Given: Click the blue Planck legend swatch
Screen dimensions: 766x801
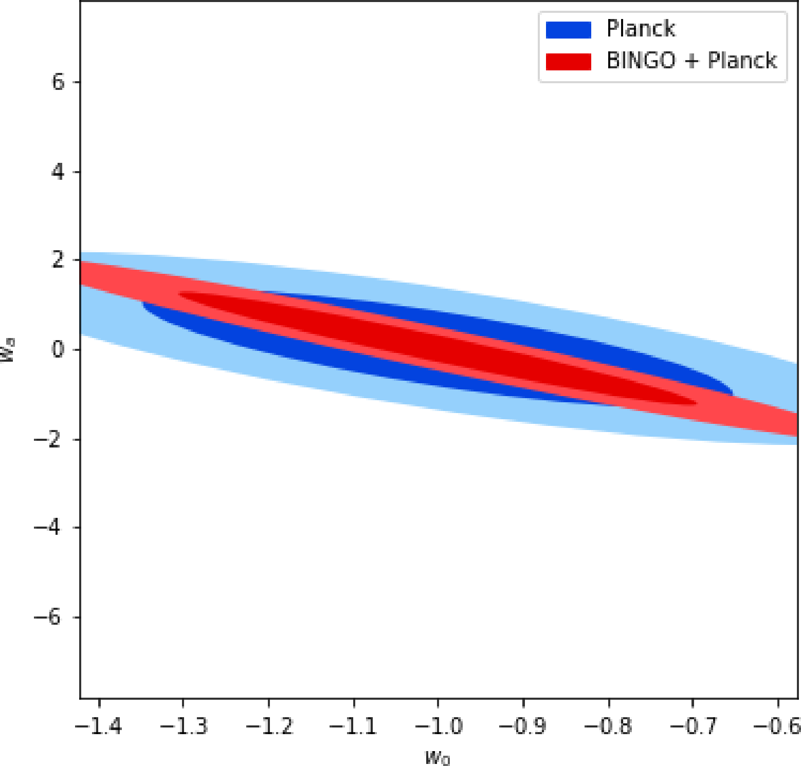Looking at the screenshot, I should coord(568,30).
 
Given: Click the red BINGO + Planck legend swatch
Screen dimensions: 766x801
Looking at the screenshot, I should coord(568,61).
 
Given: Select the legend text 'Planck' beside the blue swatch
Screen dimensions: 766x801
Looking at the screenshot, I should coord(641,29).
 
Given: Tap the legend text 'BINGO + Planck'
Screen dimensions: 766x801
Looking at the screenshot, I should coord(691,61).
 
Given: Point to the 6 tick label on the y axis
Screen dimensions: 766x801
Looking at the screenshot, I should coord(58,82).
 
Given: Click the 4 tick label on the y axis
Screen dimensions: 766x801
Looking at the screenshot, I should coord(58,172).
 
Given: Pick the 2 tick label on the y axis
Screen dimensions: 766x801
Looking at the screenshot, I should coord(58,260).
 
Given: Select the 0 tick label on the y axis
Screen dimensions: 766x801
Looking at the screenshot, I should coord(58,350).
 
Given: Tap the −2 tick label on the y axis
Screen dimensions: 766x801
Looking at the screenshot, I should coord(50,439).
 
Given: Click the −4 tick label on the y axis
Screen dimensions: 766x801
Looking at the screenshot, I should coord(50,528).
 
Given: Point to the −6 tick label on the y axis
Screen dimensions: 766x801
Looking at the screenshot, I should coord(50,617).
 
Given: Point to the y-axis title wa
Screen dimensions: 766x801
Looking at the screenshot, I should coord(8,350).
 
